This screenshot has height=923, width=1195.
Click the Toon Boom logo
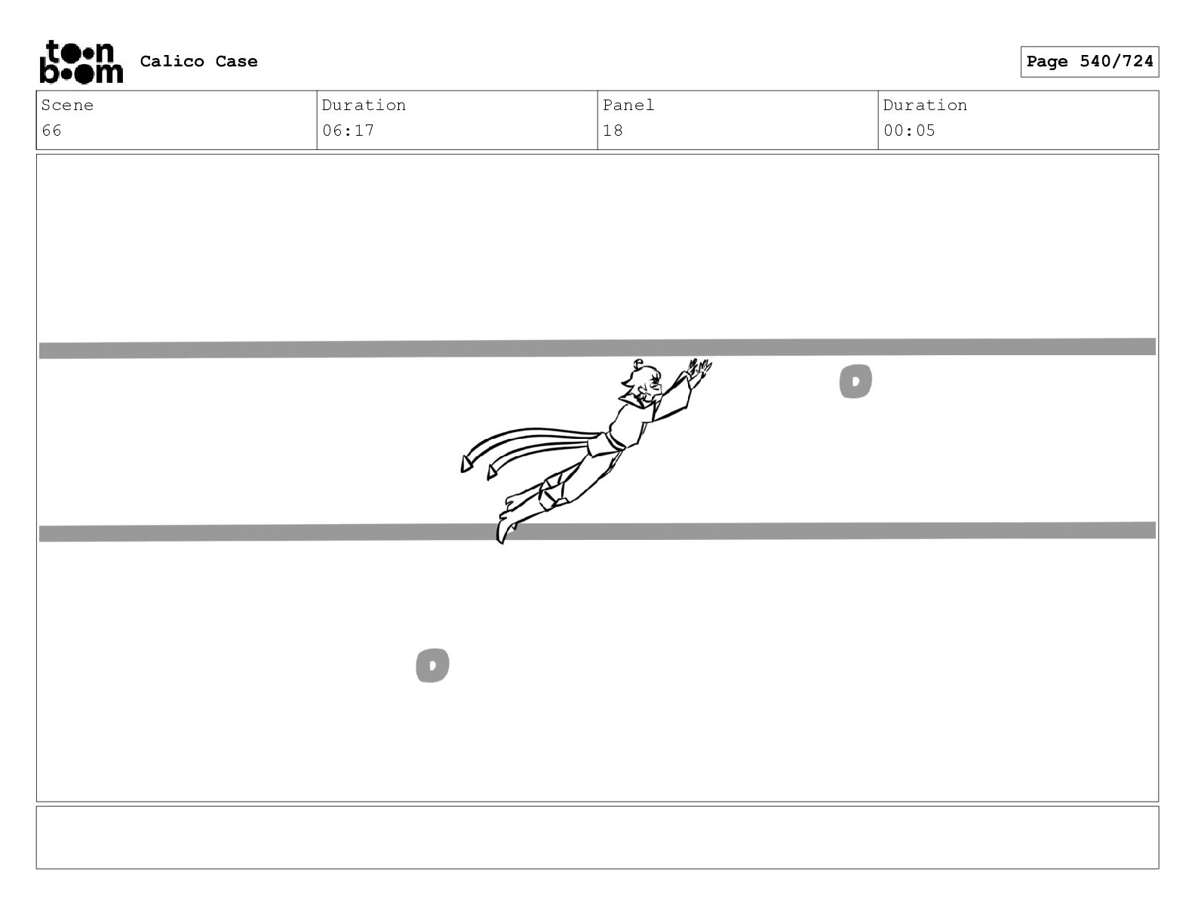coord(81,62)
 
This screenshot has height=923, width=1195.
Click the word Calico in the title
coord(171,61)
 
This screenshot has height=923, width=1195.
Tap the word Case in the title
coord(236,61)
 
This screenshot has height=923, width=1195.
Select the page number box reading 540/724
coord(1089,62)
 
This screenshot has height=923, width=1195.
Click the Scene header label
coord(67,105)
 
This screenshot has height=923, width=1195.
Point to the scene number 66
coord(51,130)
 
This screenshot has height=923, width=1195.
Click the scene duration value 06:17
coord(348,130)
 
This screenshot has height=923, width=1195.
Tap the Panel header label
coord(628,105)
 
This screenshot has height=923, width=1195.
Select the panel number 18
coord(613,130)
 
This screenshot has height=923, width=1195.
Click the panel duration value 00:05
coord(909,130)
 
